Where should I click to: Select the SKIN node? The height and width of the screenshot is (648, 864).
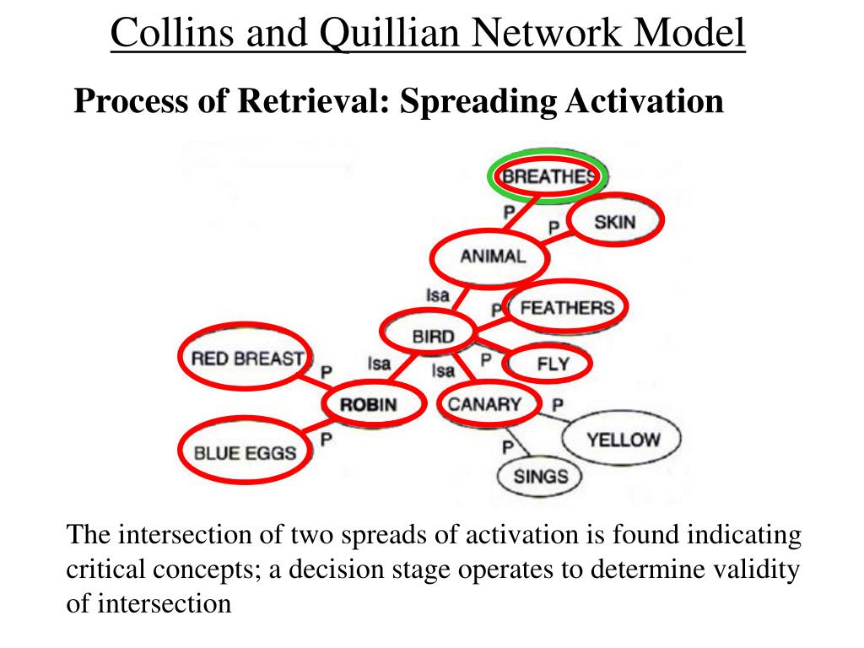pos(614,222)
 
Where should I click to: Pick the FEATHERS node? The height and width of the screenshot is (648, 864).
pos(567,308)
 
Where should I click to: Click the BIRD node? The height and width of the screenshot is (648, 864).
pos(433,337)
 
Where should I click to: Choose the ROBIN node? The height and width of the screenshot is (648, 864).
pos(368,404)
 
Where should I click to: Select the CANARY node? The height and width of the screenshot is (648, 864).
pos(484,404)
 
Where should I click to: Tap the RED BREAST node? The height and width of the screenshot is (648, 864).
pos(246,359)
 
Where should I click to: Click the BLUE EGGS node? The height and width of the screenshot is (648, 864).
pos(246,453)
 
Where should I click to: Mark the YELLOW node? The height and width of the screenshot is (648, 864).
pos(624,440)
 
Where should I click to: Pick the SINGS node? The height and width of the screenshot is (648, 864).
pos(541,477)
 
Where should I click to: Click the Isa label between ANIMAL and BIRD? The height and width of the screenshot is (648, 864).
pos(437,295)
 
